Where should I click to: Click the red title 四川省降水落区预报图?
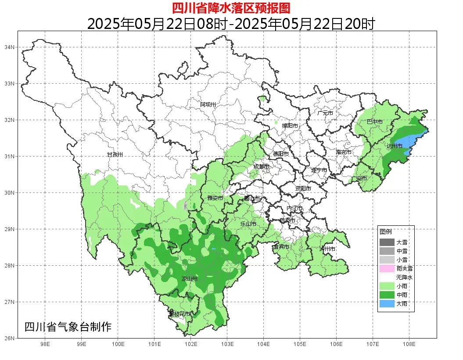coord(231,8)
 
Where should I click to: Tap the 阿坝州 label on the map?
coord(208,104)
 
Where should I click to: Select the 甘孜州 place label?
coord(115,155)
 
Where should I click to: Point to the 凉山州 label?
coord(190,279)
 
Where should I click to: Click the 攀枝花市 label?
coord(179,314)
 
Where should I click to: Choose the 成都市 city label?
coord(262,167)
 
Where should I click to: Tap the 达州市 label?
coord(395,146)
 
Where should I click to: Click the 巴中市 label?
coord(374,122)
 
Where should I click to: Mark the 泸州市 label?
coord(327,249)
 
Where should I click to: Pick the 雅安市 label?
coord(215,198)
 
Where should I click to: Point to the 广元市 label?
coord(325,113)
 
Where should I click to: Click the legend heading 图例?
coord(386,232)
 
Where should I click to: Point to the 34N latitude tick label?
coord(10,47)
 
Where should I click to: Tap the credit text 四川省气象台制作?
coord(68,327)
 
